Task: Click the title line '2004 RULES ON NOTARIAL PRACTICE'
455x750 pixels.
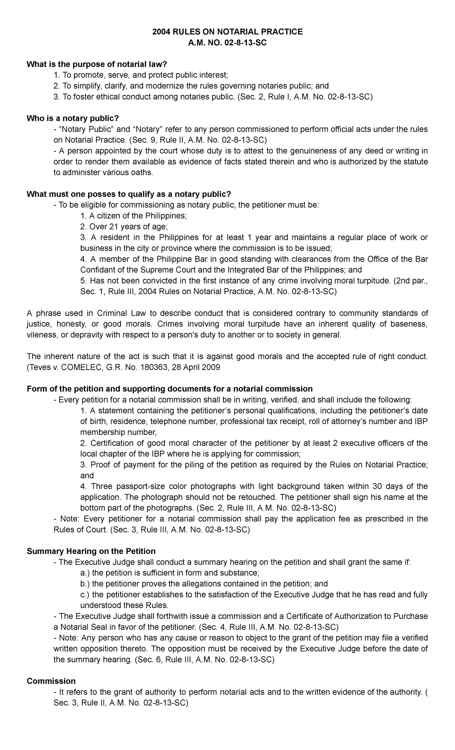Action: tap(227, 32)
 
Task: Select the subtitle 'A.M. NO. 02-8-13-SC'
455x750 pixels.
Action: tap(227, 43)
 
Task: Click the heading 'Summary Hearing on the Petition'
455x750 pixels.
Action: tap(91, 551)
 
